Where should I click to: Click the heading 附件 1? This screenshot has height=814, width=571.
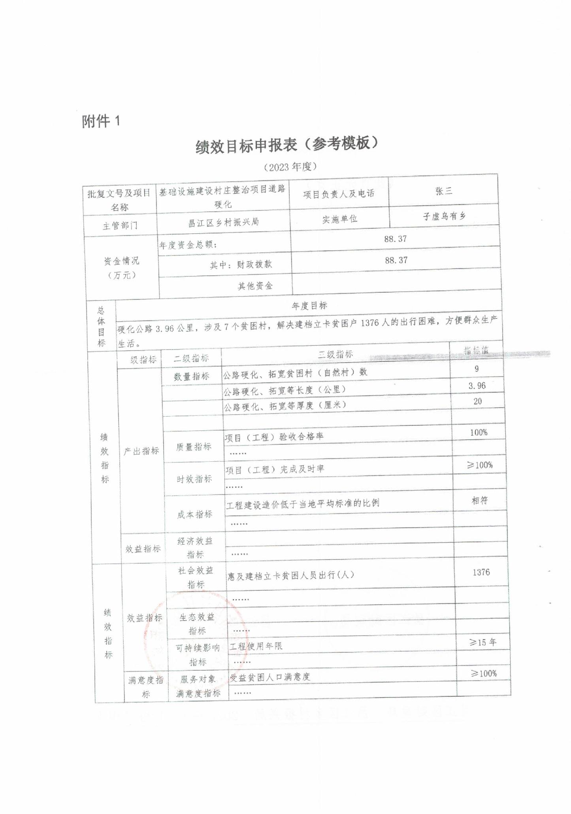coord(101,121)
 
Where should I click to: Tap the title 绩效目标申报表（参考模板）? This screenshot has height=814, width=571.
coord(286,145)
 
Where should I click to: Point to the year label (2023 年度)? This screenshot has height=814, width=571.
coord(290,167)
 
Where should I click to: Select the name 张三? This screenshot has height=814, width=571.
coord(443,191)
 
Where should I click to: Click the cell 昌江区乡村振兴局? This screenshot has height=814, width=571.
coord(223,222)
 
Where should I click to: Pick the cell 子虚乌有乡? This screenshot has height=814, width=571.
coord(444,216)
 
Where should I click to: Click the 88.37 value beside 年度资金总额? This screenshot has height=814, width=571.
coord(395,239)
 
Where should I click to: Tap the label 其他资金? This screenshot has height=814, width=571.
coord(255,286)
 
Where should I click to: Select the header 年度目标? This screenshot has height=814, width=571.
coord(309,306)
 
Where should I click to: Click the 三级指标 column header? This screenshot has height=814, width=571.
coord(335,354)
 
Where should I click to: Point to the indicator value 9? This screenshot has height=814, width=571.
coord(477,369)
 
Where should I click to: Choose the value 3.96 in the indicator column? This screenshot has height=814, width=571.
coord(477,386)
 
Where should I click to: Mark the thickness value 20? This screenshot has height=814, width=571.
coord(477,401)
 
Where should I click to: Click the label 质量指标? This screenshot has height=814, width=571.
coord(194,447)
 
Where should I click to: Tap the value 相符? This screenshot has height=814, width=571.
coord(480,500)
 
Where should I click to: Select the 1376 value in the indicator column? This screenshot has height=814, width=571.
coord(481,572)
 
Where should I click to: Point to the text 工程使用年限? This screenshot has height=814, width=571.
coord(256,646)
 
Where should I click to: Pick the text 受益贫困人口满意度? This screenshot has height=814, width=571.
coord(270,677)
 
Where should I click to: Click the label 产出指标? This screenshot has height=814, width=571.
coord(141,451)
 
